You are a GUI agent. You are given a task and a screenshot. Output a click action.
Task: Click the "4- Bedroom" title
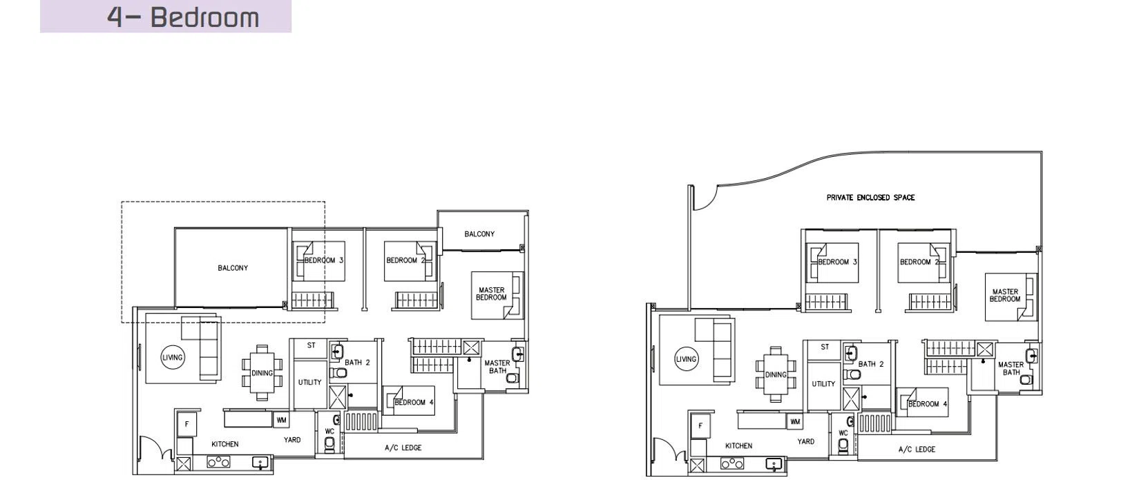183,17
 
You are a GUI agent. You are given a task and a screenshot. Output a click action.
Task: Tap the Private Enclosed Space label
870,198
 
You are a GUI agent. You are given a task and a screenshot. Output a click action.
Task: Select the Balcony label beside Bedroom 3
233,268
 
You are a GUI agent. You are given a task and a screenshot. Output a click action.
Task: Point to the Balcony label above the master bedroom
479,234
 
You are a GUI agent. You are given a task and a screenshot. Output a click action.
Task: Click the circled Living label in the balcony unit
173,358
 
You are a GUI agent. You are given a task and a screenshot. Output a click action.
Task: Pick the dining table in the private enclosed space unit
776,374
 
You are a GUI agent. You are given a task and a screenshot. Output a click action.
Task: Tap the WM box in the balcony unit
281,420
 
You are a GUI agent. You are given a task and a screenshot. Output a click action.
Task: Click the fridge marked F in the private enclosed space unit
700,425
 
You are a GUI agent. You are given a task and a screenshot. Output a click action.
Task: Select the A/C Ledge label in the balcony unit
403,448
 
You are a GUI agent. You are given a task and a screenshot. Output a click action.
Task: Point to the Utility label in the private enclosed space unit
823,384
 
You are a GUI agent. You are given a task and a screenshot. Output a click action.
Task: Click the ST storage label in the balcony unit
312,345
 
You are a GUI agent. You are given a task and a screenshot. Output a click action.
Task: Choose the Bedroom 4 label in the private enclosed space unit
928,404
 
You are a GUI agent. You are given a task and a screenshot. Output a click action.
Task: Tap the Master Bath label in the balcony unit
497,367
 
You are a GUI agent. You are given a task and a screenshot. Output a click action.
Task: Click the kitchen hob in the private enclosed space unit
731,463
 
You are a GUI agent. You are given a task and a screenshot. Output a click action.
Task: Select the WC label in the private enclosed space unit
843,433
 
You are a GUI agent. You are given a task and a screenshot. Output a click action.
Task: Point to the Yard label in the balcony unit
292,440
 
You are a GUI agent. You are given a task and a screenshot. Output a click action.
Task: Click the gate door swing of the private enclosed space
705,198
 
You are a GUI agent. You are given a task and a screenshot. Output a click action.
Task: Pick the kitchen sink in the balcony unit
261,463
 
